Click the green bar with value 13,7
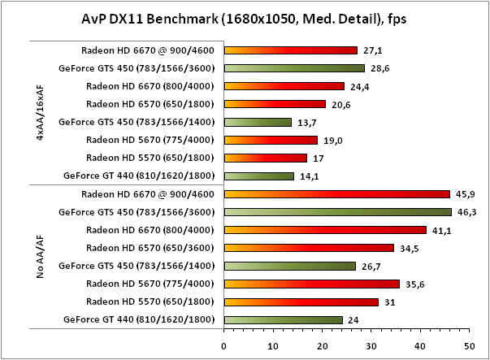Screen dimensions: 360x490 click(x=258, y=122)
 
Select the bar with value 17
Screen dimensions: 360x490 click(x=266, y=158)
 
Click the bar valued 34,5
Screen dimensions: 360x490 click(x=309, y=248)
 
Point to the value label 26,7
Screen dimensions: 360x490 click(x=370, y=266)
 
